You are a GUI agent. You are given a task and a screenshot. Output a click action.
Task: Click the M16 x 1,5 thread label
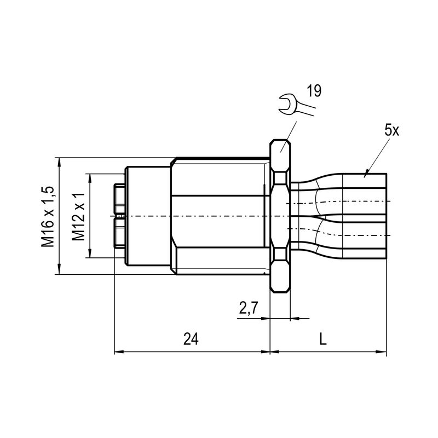pyautogui.click(x=48, y=216)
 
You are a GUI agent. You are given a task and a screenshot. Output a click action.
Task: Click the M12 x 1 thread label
pyautogui.click(x=79, y=216)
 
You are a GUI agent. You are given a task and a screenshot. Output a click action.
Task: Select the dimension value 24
pyautogui.click(x=190, y=339)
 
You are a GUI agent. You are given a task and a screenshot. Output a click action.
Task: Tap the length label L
pyautogui.click(x=323, y=339)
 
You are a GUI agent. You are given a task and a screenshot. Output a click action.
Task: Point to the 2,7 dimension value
pyautogui.click(x=248, y=309)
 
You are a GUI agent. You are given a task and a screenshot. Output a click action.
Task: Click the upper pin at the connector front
pyautogui.click(x=119, y=199)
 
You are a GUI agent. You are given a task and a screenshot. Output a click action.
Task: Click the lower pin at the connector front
pyautogui.click(x=119, y=233)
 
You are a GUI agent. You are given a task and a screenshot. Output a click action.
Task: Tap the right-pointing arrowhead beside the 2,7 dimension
pyautogui.click(x=267, y=318)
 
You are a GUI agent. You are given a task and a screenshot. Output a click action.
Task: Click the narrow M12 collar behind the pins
pyautogui.click(x=148, y=216)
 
